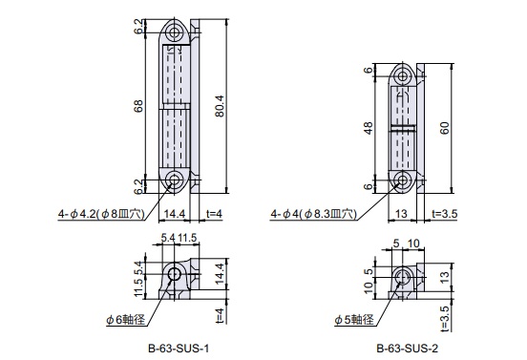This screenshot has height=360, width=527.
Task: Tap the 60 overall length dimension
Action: (445, 127)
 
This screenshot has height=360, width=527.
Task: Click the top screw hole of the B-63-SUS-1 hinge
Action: (176, 32)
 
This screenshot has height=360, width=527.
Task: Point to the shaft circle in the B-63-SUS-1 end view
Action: (175, 277)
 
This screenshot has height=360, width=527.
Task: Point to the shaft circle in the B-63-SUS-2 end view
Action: (400, 278)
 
